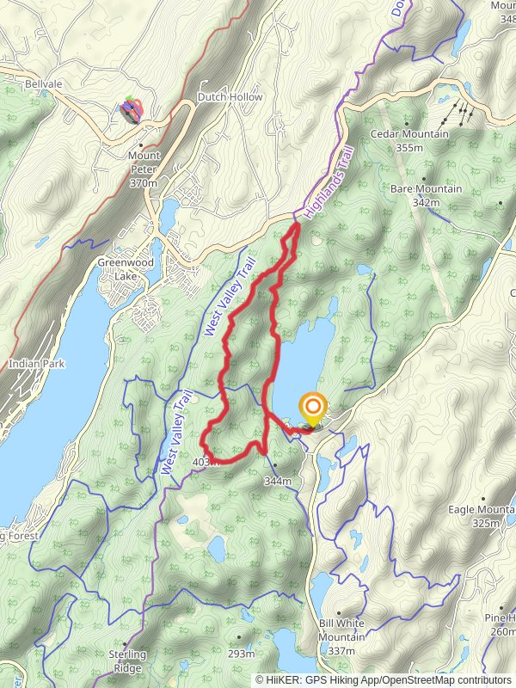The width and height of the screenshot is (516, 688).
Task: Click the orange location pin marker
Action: pyautogui.click(x=313, y=408)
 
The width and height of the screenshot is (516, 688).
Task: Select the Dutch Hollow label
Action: pyautogui.click(x=230, y=97)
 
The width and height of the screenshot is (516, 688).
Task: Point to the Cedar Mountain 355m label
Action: pyautogui.click(x=409, y=140)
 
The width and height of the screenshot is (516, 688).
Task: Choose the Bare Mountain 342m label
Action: pyautogui.click(x=426, y=194)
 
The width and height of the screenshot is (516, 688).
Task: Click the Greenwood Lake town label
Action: pyautogui.click(x=126, y=268)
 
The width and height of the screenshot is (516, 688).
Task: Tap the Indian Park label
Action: pyautogui.click(x=36, y=364)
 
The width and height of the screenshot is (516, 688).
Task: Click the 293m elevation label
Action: pyautogui.click(x=242, y=654)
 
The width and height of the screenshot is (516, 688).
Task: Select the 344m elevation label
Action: pyautogui.click(x=278, y=481)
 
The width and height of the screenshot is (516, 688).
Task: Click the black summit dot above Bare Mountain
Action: pyautogui.click(x=423, y=180)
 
